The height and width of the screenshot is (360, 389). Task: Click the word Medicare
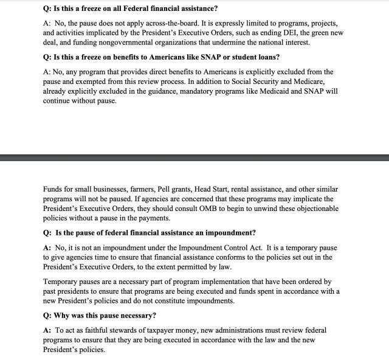click(318, 81)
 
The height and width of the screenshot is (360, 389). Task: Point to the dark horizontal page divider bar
click(194, 158)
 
